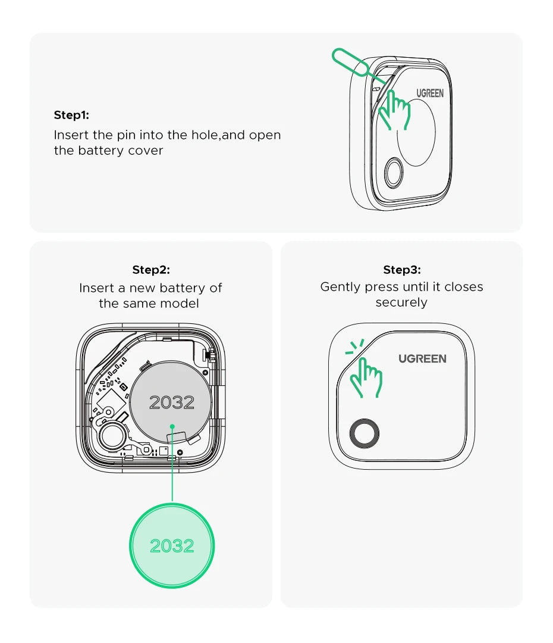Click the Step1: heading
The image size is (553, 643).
coord(71,115)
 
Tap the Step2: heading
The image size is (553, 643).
coord(151,270)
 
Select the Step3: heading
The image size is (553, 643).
coord(402,270)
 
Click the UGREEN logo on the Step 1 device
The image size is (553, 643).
coord(430,93)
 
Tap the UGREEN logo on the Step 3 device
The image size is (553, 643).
coord(422,358)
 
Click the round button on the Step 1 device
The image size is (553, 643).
coord(393,174)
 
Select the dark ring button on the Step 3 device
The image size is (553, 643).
coord(364,434)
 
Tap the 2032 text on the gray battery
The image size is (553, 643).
coord(172,402)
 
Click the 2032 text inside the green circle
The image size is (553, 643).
coord(172,545)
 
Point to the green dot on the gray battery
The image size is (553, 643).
coord(172,426)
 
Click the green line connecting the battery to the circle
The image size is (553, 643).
coord(172,470)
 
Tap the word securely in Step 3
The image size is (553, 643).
coord(401,302)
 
